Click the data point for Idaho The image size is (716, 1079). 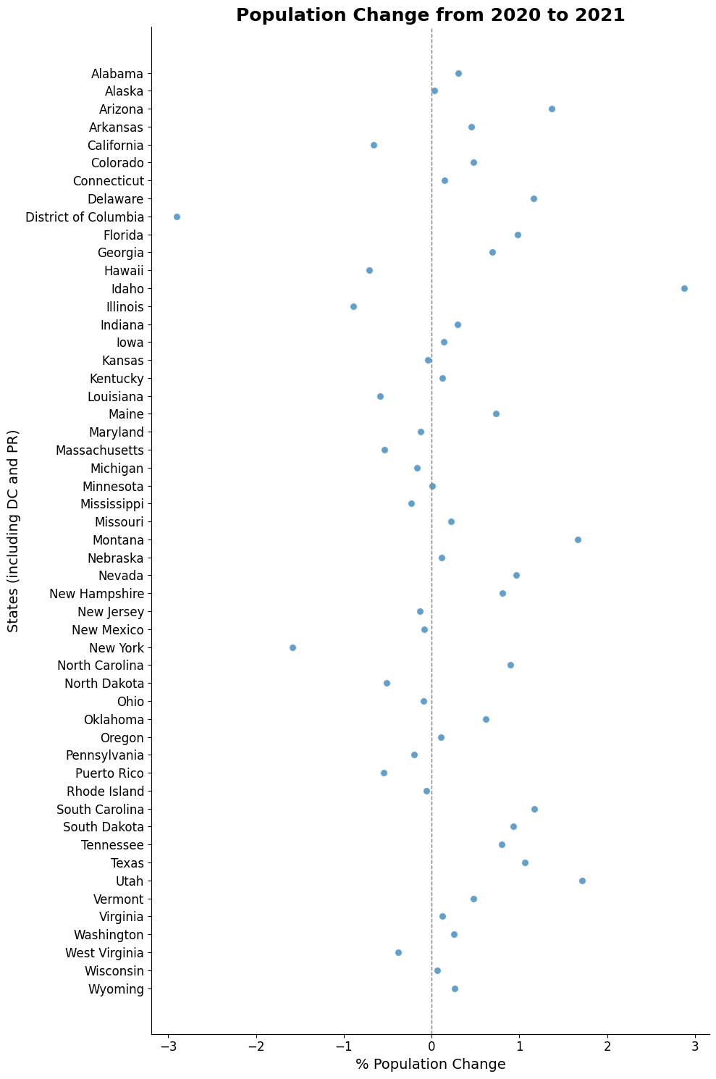coord(684,288)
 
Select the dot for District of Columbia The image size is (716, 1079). coord(177,217)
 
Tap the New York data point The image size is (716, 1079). coord(292,647)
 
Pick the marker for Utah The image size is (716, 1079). coord(582,881)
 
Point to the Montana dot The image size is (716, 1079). coord(578,539)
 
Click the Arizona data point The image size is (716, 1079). coord(552,109)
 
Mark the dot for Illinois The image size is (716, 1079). coord(353,306)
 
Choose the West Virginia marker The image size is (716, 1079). coord(398,952)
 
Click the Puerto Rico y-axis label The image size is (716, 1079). coord(109,773)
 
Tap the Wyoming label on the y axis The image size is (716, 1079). coord(116,989)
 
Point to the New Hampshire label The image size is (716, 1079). coord(96,594)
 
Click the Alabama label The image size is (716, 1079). coord(117,74)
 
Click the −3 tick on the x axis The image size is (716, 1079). coord(169,1046)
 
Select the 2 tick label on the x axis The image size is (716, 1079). coord(607,1046)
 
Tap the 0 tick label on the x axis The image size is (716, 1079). coord(431,1046)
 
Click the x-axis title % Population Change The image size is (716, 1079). coord(430,1065)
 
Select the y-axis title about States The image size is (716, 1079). coord(13,531)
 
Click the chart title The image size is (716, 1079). coord(430,15)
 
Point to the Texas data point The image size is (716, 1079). coord(525,862)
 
